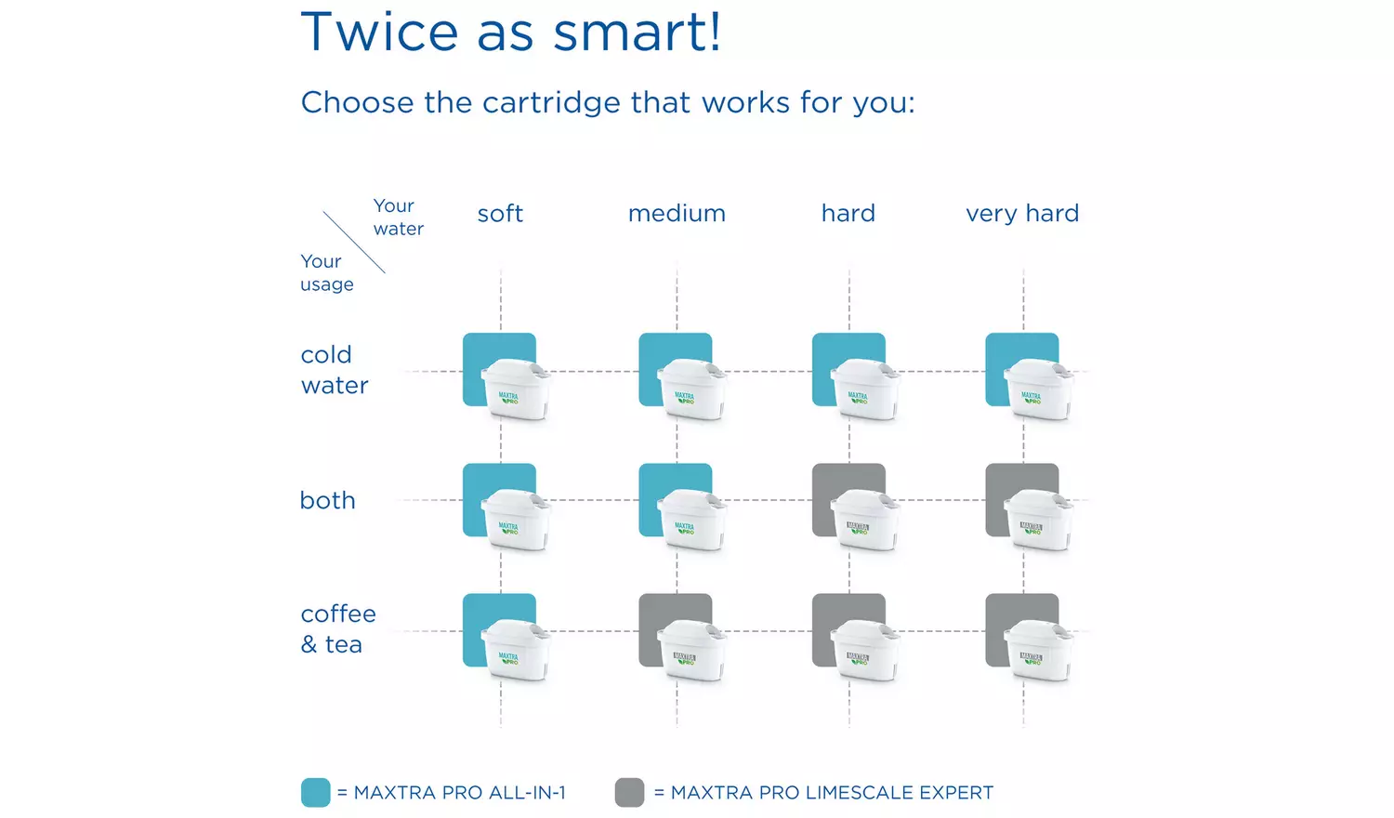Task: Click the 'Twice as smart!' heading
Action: click(510, 33)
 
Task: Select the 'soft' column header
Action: click(500, 214)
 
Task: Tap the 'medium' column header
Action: click(677, 214)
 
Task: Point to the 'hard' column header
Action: click(848, 214)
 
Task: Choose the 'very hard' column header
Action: click(1022, 214)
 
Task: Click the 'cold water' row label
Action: click(335, 370)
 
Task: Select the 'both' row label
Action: click(328, 500)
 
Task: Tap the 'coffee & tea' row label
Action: click(338, 629)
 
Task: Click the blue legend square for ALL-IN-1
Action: click(316, 793)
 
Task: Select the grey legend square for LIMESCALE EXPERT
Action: click(629, 793)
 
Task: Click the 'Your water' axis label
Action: click(398, 218)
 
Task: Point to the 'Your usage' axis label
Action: click(326, 273)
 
